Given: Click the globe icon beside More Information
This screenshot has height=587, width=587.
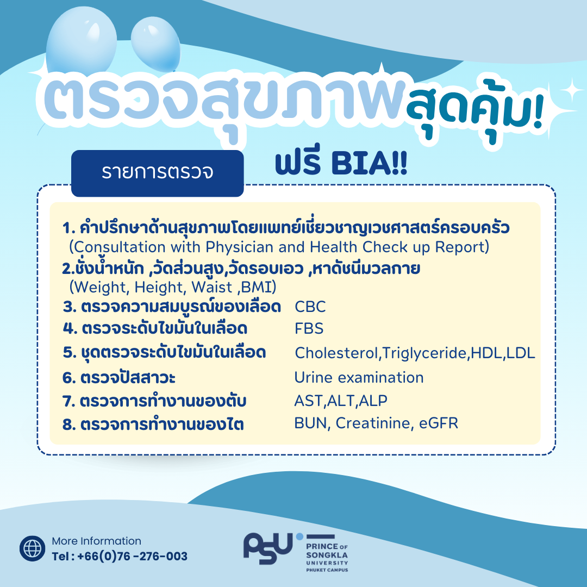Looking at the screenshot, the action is [33, 548].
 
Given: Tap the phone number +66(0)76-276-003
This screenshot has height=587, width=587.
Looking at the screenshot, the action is [133, 557].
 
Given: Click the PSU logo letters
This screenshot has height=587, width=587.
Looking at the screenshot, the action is [267, 548].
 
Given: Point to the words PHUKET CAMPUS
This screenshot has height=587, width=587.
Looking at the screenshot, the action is [327, 570].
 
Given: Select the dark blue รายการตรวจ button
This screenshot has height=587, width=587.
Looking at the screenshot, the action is [157, 173].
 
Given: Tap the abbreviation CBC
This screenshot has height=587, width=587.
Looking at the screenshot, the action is [310, 307].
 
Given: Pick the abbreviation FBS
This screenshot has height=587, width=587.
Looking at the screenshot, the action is [309, 329].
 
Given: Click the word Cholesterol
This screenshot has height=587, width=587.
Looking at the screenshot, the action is [336, 353].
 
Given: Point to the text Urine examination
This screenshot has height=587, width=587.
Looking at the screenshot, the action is [359, 377].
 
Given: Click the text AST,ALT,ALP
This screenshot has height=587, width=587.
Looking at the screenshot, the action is [341, 401].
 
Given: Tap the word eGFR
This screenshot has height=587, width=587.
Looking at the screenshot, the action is [439, 423].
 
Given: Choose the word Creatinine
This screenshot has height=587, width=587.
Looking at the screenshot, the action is [374, 423].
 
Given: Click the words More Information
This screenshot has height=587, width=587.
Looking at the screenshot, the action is [97, 541].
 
